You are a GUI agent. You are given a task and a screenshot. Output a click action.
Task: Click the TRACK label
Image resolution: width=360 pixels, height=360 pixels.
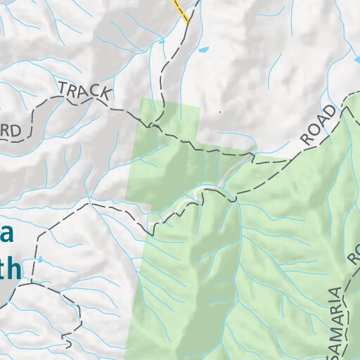tap(84, 90)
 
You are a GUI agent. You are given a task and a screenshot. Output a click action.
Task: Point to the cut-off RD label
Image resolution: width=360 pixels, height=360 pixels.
tap(18, 129)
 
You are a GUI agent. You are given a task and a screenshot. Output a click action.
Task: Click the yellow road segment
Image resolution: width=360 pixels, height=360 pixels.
tap(181, 11)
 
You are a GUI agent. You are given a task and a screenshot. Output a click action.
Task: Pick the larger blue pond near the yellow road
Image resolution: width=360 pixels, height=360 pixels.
tap(204, 51)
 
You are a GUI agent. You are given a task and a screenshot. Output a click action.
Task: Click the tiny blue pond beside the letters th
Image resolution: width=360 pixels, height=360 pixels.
tap(41, 259)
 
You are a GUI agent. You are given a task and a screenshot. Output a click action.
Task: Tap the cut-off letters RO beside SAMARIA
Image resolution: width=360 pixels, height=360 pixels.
tap(353, 253)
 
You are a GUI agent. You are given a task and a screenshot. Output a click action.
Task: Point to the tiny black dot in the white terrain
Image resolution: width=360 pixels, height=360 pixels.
tap(220, 112)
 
